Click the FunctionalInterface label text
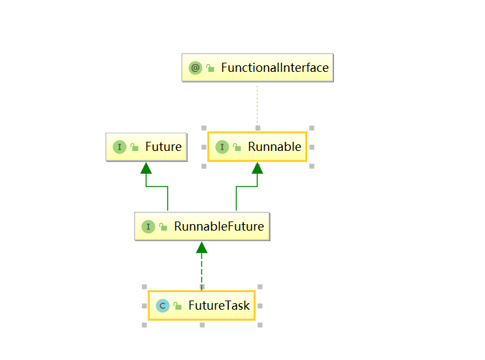(275, 68)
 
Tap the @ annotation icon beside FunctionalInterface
(195, 68)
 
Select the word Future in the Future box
(163, 147)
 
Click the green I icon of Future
(118, 147)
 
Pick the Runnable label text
(275, 147)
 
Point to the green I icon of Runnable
(221, 147)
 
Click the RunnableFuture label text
(219, 227)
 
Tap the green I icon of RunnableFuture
(148, 227)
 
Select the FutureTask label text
(219, 306)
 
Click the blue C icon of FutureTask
(162, 306)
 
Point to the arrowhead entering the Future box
(146, 168)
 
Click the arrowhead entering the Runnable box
(258, 168)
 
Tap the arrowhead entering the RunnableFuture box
(201, 248)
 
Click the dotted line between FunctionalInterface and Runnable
(257, 105)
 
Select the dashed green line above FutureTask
(201, 271)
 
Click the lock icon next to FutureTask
(177, 306)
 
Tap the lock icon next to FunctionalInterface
(210, 68)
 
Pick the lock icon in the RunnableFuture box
(163, 227)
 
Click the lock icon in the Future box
(133, 147)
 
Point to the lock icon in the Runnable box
(236, 147)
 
